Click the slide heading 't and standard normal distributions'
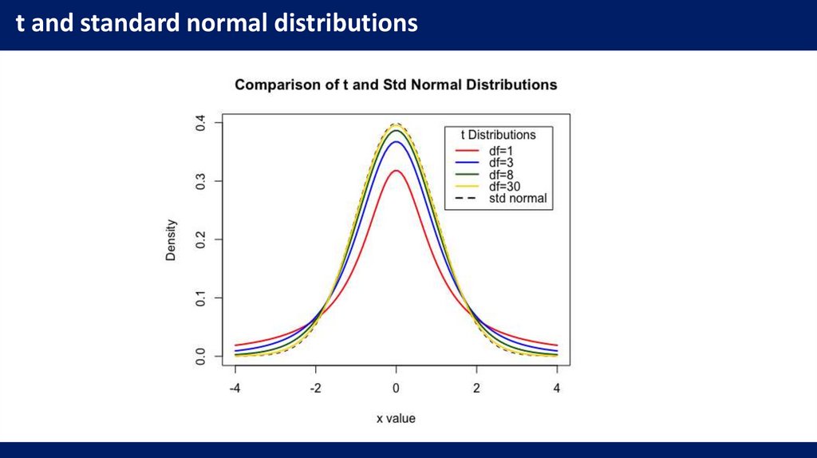coord(217,23)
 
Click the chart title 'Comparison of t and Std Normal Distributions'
coord(396,85)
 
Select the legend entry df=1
coord(505,149)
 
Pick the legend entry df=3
coord(505,162)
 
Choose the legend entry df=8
coord(505,174)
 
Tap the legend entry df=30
coord(508,186)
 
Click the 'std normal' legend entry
coord(518,198)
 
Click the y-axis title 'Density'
coord(171,239)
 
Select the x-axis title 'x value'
coord(396,418)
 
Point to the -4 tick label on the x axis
coord(235,388)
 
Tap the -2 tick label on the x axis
coord(315,388)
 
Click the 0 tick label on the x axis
coord(397,388)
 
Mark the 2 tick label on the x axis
coord(476,388)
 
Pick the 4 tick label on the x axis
coord(557,388)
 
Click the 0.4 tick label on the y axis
coord(201,123)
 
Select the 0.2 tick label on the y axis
coord(201,239)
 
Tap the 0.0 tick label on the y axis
coord(201,355)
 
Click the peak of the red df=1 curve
coord(397,170)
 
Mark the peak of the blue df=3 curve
coord(397,142)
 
